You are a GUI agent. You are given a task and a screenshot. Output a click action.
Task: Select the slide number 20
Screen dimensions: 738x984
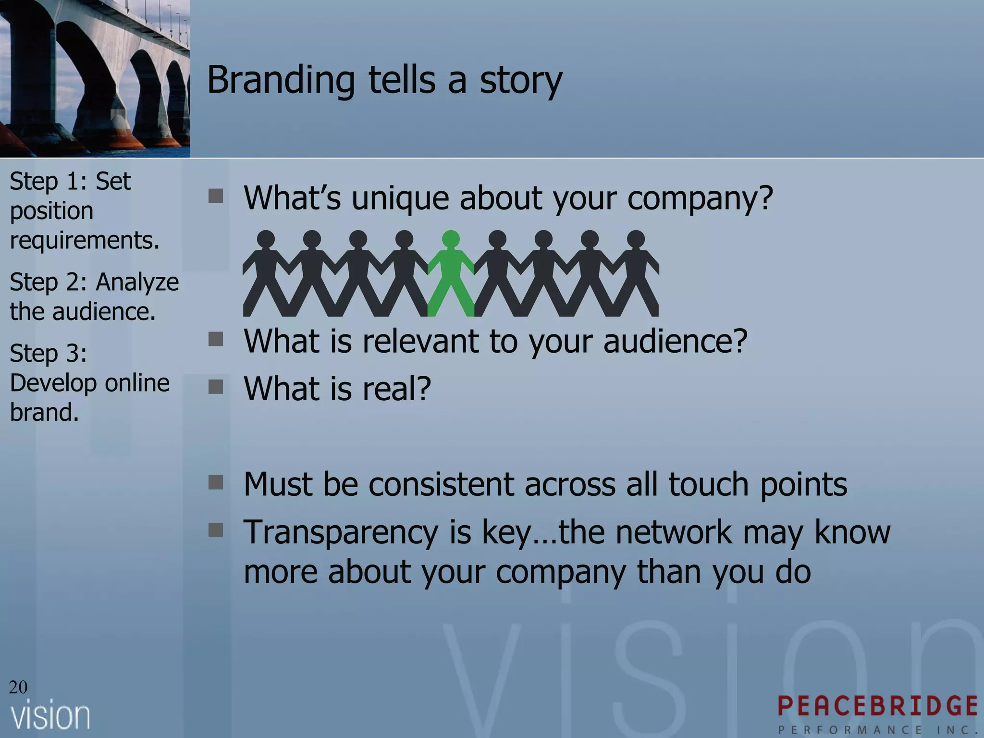pyautogui.click(x=18, y=687)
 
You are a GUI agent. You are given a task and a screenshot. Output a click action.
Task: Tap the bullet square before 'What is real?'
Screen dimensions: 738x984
pyautogui.click(x=216, y=387)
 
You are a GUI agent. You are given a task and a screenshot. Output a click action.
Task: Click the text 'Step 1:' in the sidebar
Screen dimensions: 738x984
pyautogui.click(x=48, y=182)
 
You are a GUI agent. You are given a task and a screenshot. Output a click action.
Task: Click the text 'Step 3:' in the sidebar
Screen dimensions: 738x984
pyautogui.click(x=49, y=354)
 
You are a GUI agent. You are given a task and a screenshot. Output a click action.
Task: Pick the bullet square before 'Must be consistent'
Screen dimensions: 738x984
pyautogui.click(x=216, y=482)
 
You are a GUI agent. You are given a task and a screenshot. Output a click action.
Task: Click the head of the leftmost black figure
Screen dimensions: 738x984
pyautogui.click(x=266, y=239)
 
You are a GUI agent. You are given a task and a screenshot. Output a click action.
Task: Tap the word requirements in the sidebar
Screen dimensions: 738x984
pyautogui.click(x=85, y=240)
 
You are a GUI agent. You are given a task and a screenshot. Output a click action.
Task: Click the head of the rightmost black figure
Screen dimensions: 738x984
pyautogui.click(x=636, y=239)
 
